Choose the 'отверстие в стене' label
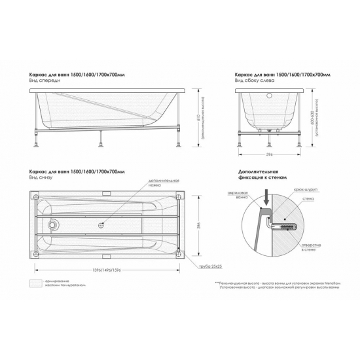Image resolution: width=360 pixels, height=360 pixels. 309,247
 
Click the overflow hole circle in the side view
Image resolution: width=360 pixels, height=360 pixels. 269,97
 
